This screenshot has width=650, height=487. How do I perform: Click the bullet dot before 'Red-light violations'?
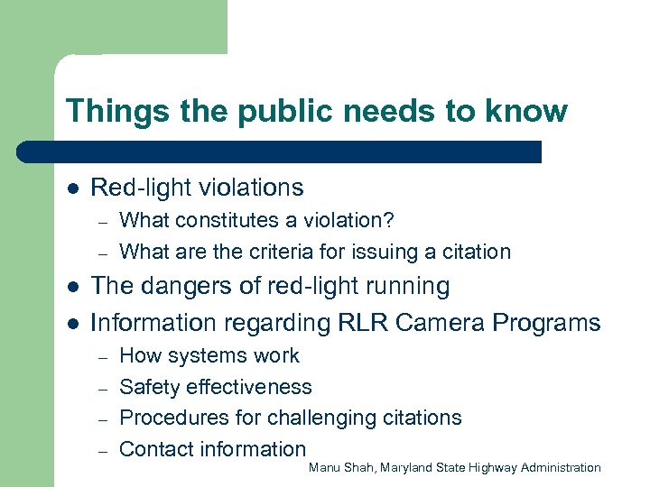pyautogui.click(x=72, y=188)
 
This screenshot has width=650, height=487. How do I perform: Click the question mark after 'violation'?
pyautogui.click(x=389, y=220)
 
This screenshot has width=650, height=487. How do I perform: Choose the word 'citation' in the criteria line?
pyautogui.click(x=475, y=252)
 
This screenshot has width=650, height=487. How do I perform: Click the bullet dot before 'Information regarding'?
pyautogui.click(x=72, y=323)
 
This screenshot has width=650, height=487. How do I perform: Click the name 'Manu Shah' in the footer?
pyautogui.click(x=340, y=467)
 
